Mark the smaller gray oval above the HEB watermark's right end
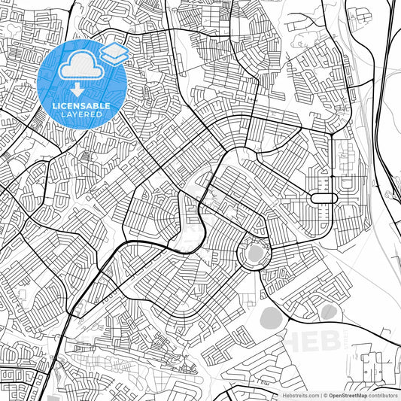[x=328, y=311]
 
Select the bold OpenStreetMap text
[x=346, y=394]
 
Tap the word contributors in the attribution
[x=383, y=394]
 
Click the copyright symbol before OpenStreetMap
[x=324, y=394]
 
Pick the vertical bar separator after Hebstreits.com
[x=318, y=394]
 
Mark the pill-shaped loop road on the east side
[x=323, y=198]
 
